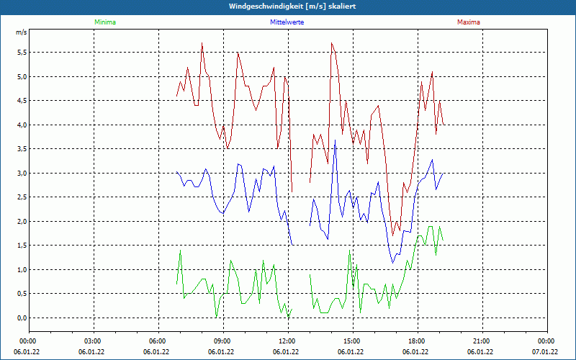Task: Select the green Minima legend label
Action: click(104, 22)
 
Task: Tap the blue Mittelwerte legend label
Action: click(287, 22)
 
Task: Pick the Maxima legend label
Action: click(468, 22)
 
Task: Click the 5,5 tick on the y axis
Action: click(22, 53)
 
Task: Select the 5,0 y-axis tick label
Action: click(22, 76)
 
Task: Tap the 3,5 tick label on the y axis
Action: click(22, 149)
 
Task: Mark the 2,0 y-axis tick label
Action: click(22, 222)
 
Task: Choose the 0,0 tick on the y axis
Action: click(22, 318)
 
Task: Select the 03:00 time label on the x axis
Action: click(93, 341)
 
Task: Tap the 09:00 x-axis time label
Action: click(222, 341)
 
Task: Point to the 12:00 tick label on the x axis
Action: click(287, 341)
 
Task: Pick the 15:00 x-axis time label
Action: click(352, 341)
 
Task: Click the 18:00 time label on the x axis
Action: click(417, 341)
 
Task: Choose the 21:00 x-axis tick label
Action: click(482, 341)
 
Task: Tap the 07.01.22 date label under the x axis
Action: click(545, 352)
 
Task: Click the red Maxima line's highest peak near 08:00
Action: click(202, 43)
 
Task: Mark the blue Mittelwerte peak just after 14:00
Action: click(335, 140)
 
